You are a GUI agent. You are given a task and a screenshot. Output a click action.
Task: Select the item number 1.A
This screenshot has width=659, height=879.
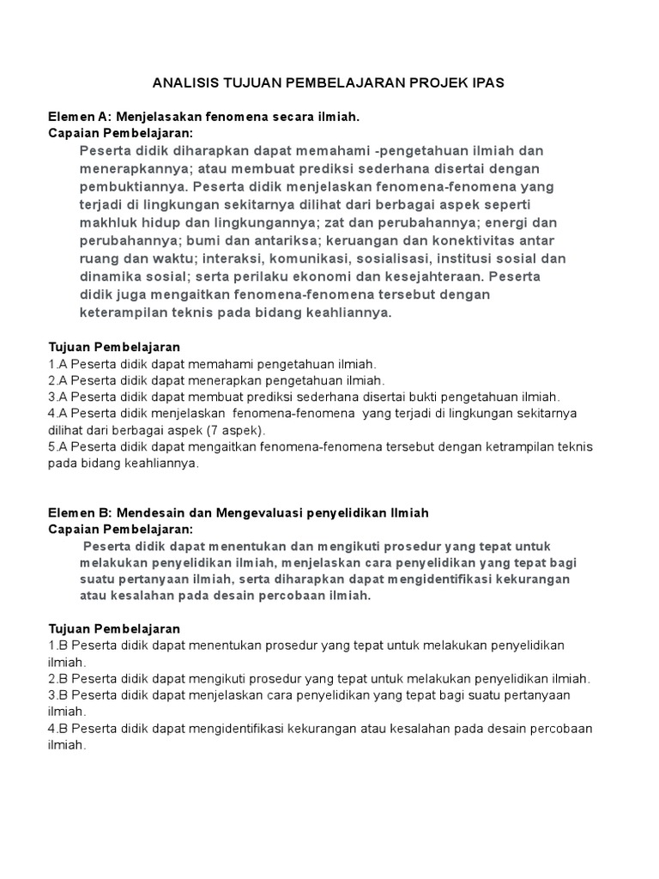point(57,364)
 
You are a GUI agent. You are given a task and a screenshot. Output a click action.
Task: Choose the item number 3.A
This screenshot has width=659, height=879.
point(57,397)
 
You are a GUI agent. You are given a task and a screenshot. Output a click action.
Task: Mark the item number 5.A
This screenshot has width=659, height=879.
point(57,446)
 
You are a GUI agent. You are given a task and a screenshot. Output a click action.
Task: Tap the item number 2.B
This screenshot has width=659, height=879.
point(57,678)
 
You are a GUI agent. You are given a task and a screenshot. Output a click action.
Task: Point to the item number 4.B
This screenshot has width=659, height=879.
point(57,728)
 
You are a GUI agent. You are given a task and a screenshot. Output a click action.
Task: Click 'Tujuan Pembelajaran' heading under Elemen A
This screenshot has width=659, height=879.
point(114,348)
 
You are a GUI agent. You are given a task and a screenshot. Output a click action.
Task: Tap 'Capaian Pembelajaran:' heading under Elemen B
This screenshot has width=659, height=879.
point(121,529)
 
